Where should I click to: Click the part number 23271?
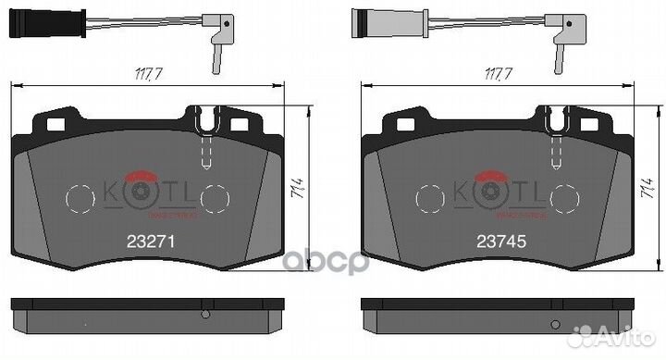point(150,238)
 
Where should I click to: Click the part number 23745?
point(500,238)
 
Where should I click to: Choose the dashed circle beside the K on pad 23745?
point(430,197)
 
